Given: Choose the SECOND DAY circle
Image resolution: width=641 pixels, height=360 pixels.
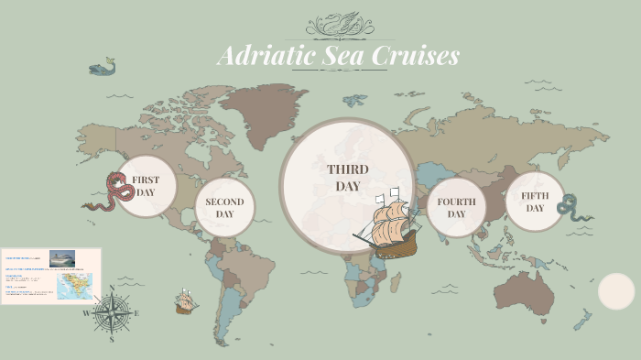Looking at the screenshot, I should [x=224, y=208].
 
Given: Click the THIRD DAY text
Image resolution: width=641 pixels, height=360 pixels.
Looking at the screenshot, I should [x=348, y=178].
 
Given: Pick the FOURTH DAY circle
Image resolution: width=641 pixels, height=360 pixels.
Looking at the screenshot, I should [x=456, y=208].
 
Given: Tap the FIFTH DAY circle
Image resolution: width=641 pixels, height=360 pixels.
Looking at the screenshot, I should [x=535, y=202].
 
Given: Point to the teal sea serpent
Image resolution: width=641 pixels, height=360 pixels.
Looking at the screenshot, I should [x=571, y=210].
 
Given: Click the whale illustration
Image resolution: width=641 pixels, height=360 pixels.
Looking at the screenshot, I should [x=102, y=67].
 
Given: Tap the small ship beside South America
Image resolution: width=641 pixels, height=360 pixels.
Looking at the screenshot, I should [x=187, y=301].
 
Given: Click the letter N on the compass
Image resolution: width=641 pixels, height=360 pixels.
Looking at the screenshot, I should [x=112, y=289].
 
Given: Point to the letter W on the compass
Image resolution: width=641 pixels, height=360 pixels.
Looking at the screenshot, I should [x=88, y=313].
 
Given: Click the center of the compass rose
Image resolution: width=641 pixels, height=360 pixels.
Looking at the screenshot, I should [x=112, y=313].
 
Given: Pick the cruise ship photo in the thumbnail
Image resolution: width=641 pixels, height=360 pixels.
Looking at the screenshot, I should [x=62, y=258].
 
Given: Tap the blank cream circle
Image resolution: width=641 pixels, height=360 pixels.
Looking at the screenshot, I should [x=616, y=291].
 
